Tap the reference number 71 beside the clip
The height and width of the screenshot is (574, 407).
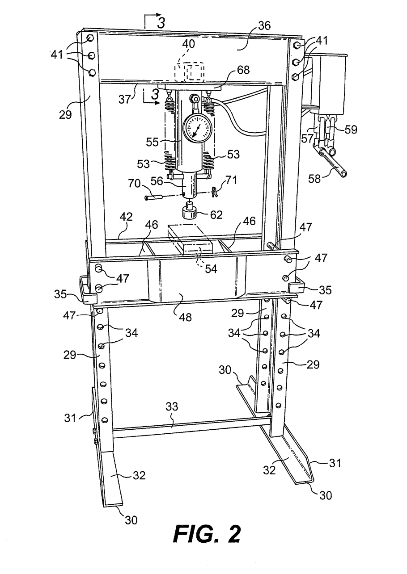click(x=226, y=180)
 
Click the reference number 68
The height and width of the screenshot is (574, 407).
click(x=243, y=70)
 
